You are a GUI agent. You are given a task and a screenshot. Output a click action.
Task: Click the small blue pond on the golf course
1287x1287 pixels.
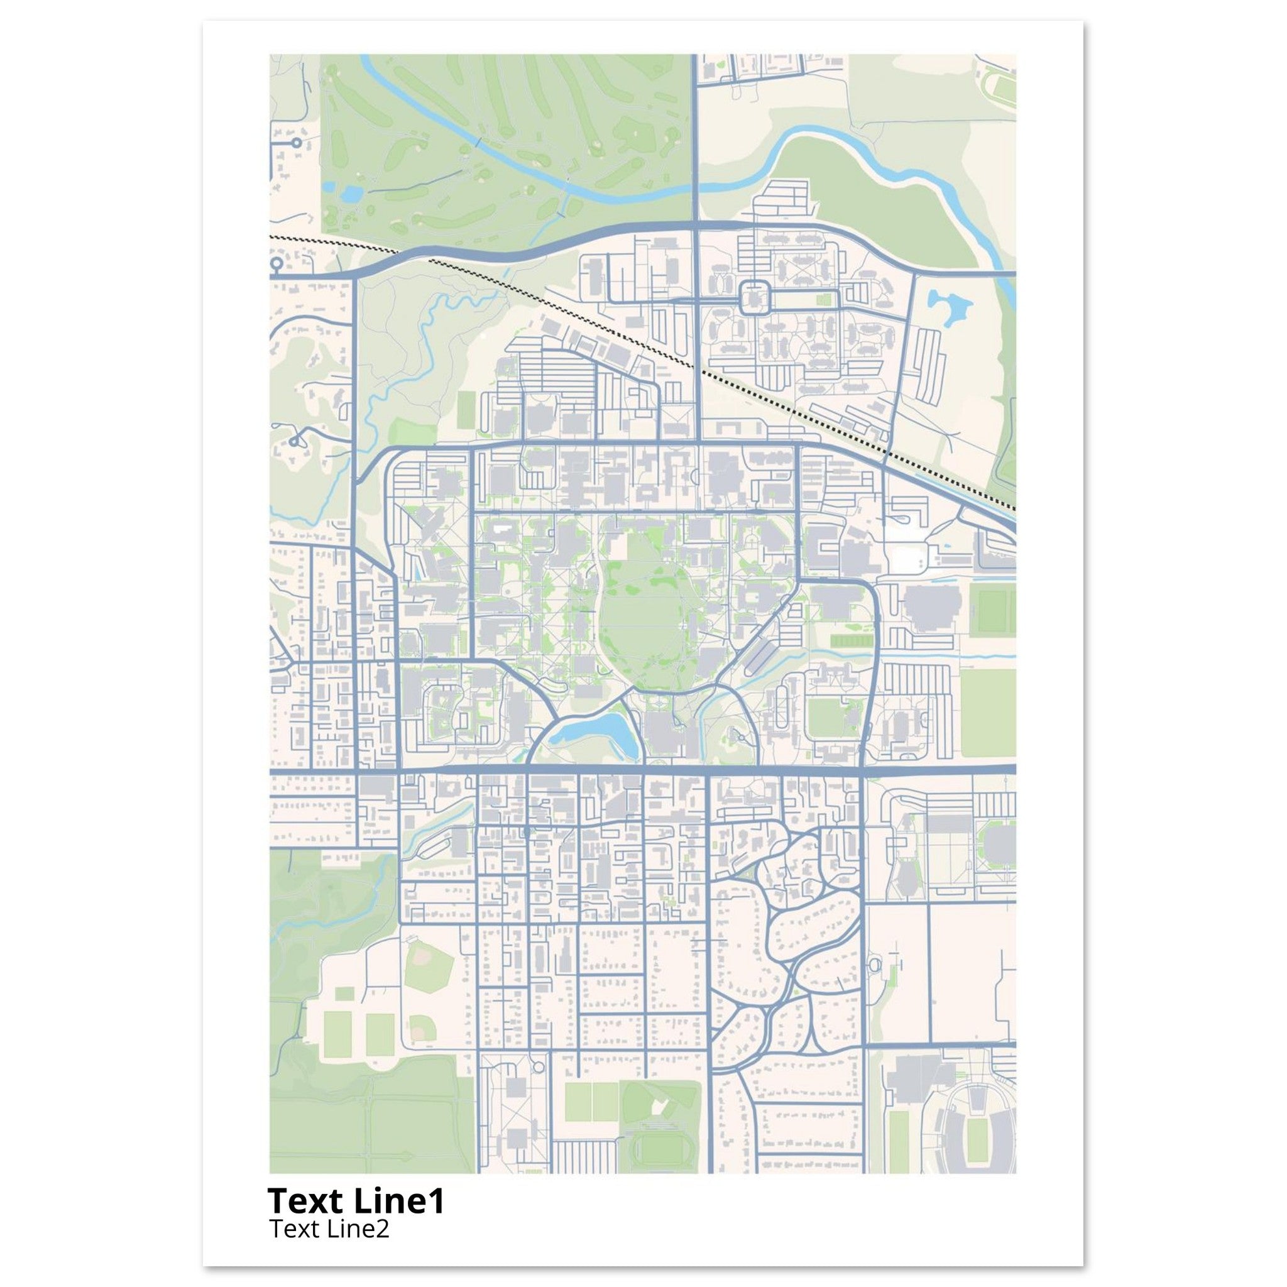coord(352,194)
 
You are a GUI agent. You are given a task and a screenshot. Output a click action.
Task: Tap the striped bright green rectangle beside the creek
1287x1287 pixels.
coord(850,641)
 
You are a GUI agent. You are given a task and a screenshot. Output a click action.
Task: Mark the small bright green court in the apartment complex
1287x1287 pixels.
coord(828,299)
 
